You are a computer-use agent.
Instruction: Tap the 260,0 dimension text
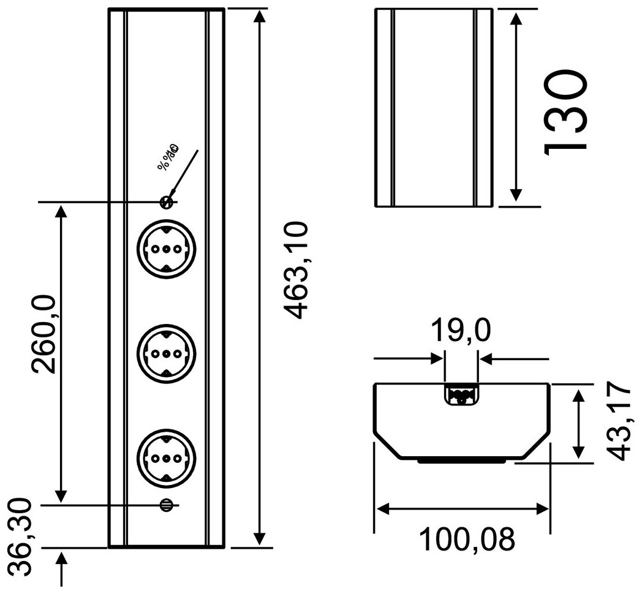[x=45, y=334]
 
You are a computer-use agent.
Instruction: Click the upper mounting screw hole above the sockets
[x=165, y=201]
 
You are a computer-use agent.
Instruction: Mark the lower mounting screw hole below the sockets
[x=165, y=505]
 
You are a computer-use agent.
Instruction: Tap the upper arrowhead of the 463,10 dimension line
[x=260, y=17]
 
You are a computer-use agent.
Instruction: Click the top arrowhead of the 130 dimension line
[x=516, y=18]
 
